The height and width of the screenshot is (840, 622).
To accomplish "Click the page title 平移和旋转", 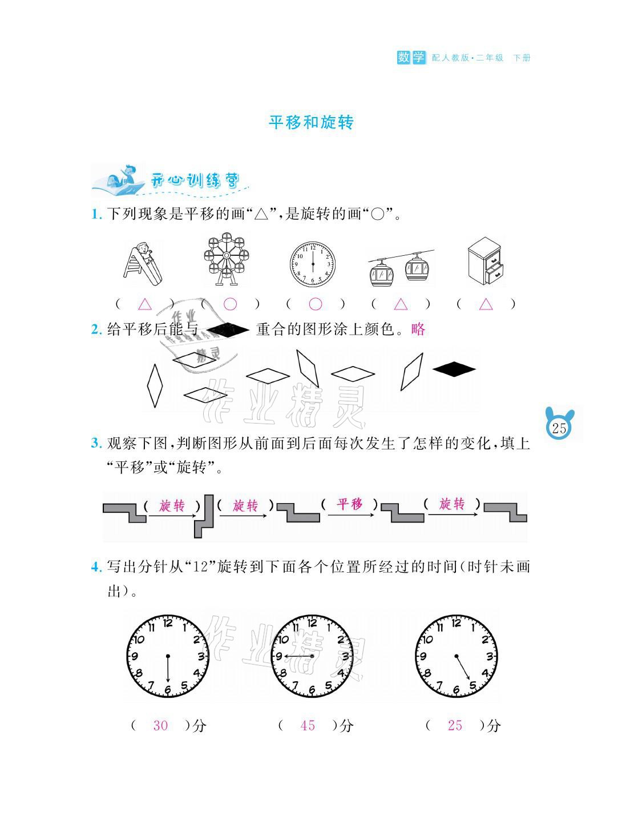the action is point(311,123).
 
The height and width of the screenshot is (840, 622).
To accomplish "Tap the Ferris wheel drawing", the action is point(227,260).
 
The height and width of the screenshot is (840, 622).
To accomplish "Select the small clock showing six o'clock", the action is point(312,264).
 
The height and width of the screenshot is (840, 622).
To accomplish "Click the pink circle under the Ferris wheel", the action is point(230,304).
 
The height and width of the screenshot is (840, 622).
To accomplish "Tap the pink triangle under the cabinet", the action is point(486,304).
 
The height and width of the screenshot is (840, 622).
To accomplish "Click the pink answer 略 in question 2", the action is point(418,329).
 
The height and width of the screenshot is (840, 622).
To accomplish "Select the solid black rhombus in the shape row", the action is point(454,369).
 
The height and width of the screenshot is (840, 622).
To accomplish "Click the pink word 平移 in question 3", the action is point(349,504).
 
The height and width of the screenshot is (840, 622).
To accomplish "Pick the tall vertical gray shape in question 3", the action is point(204,516).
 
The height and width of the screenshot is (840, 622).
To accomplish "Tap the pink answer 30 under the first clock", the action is point(160,726).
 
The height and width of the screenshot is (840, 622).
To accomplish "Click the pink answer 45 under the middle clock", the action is point(308,726).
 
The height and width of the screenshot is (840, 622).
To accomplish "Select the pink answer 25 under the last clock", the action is point(455,726).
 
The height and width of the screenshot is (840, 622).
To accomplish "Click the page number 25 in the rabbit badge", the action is point(559,428).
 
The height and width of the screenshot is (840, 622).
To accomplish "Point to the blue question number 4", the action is point(96,568).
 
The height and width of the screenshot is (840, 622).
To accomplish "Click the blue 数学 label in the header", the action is point(411,57).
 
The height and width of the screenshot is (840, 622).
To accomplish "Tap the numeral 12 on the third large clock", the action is point(456,624).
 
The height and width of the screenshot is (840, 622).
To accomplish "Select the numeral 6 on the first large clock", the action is point(167,690).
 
